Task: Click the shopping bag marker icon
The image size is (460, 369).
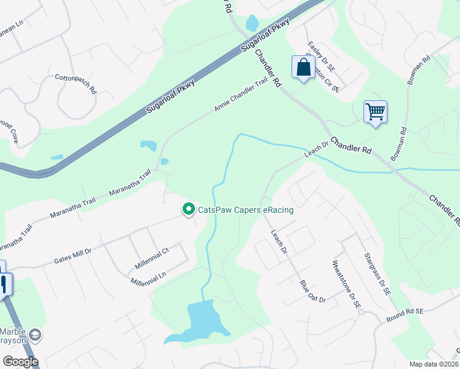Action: [x=303, y=68]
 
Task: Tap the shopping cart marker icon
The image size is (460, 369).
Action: [x=375, y=112]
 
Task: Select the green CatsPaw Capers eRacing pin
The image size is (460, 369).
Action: [x=189, y=210]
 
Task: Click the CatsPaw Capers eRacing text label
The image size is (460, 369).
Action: [x=245, y=210]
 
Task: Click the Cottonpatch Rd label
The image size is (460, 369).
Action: [x=76, y=83]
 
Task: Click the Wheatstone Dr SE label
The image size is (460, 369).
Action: [x=345, y=287]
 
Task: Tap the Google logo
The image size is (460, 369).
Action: [x=20, y=361]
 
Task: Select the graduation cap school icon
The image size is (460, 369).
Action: [x=37, y=335]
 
